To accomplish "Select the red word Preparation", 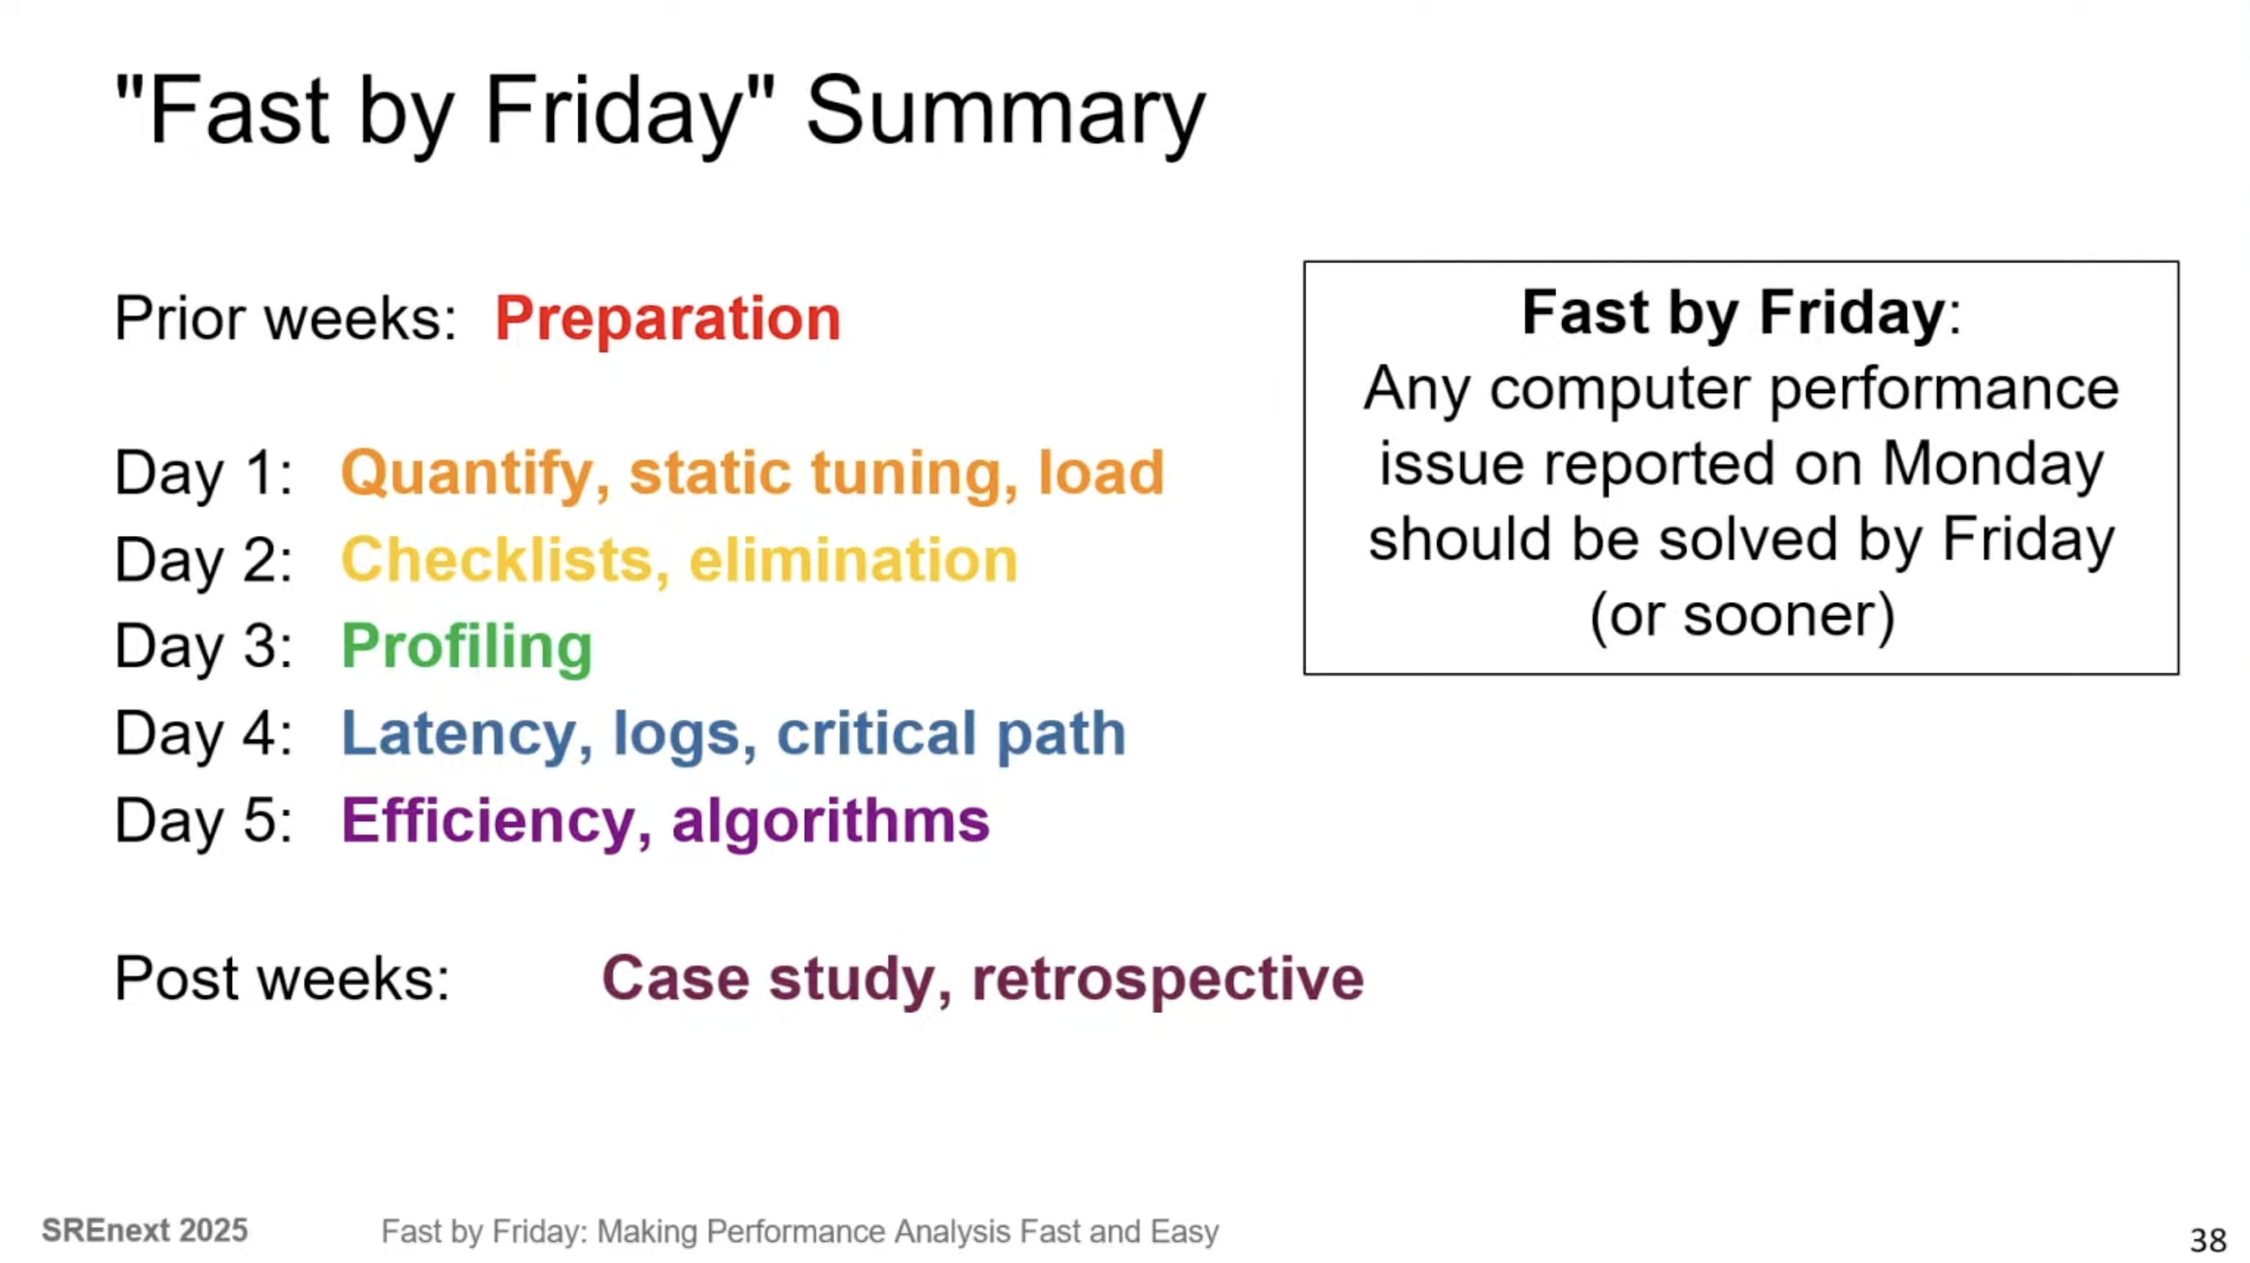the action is coord(667,319).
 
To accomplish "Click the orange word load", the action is coord(1101,472).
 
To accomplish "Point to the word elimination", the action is coord(854,559).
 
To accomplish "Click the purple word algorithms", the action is coord(831,822).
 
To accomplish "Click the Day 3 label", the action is coord(203,646).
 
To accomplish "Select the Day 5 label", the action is coord(203,820).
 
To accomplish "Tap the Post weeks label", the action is coord(282,978).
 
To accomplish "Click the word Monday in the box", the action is coord(1993,463).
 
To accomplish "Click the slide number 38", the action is coord(2208,1240).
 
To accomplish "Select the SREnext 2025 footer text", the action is coord(145,1230).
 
